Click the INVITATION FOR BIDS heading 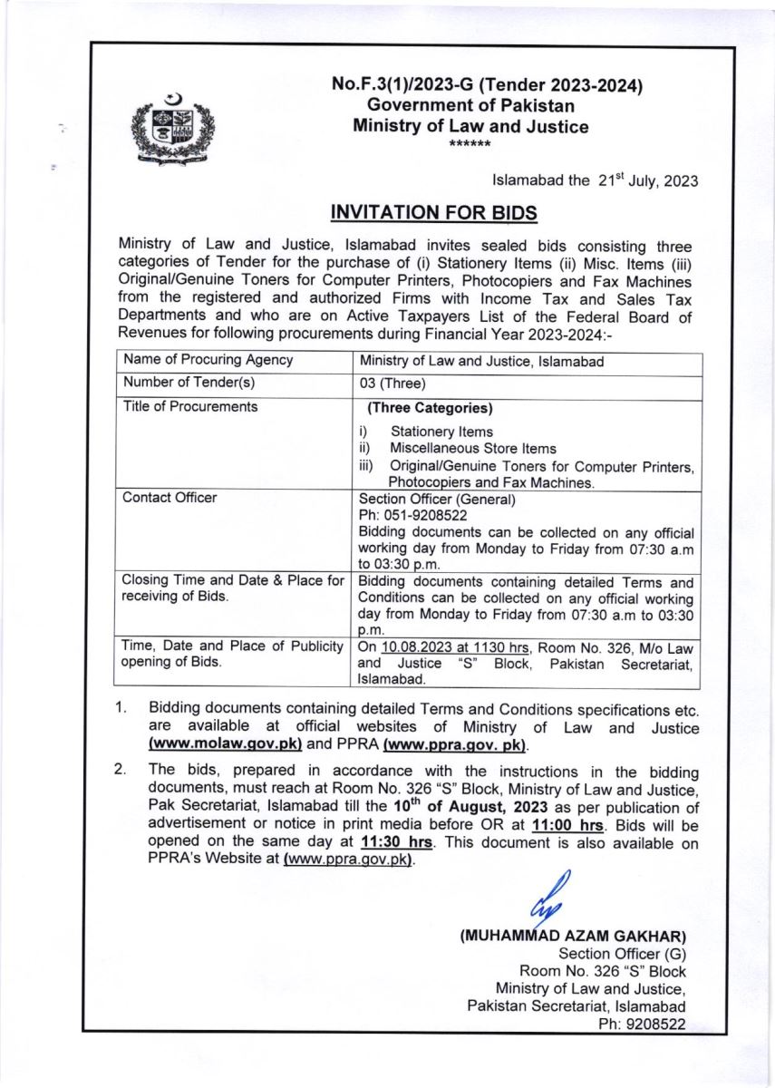click(434, 213)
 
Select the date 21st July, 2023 click(635, 180)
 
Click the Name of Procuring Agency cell click(208, 359)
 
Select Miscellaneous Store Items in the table click(473, 448)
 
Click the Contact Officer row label click(170, 498)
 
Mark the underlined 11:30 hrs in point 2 click(397, 842)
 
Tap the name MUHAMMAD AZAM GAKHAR click(573, 935)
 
